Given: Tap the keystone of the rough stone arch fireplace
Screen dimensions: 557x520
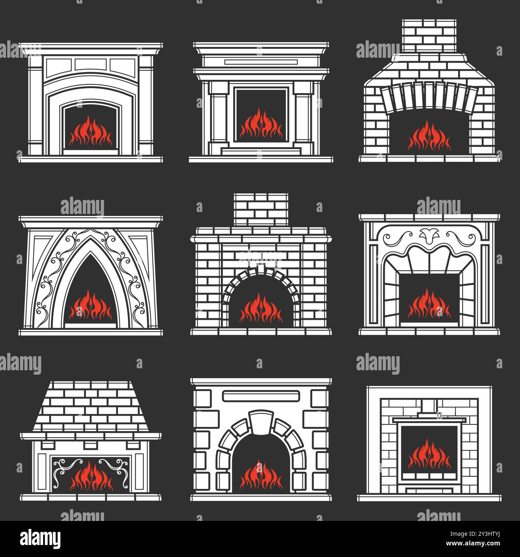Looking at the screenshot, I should pyautogui.click(x=261, y=421).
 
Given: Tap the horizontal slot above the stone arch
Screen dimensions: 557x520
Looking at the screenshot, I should pyautogui.click(x=261, y=396).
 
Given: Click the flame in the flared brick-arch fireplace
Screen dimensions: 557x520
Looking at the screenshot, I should pyautogui.click(x=429, y=137).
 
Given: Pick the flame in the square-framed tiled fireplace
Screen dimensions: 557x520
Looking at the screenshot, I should pyautogui.click(x=429, y=455).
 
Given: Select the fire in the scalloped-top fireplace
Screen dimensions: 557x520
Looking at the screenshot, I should pyautogui.click(x=429, y=303).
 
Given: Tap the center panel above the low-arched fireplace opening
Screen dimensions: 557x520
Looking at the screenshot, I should pyautogui.click(x=91, y=65).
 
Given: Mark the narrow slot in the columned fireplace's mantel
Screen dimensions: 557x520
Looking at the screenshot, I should pyautogui.click(x=261, y=62).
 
